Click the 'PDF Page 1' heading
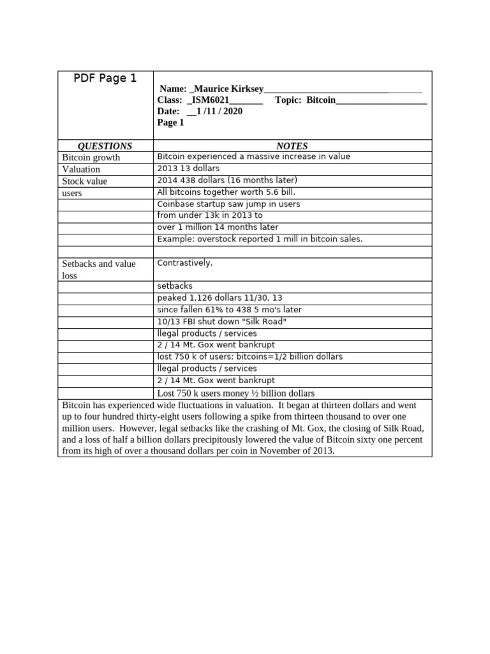pyautogui.click(x=105, y=79)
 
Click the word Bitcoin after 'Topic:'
pyautogui.click(x=321, y=100)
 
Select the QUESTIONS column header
pyautogui.click(x=105, y=146)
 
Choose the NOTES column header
pyautogui.click(x=292, y=146)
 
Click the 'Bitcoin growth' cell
pyautogui.click(x=91, y=158)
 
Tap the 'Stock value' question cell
pyautogui.click(x=84, y=181)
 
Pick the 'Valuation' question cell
pyautogui.click(x=81, y=169)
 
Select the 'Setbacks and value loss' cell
pyautogui.click(x=98, y=270)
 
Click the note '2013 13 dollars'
pyautogui.click(x=188, y=169)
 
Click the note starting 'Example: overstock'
pyautogui.click(x=260, y=239)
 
